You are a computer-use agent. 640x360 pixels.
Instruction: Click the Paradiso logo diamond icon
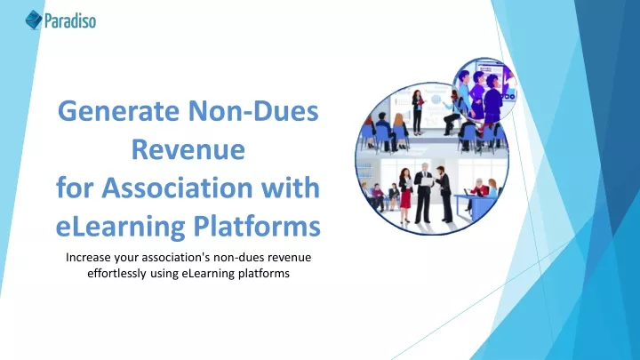click(x=34, y=20)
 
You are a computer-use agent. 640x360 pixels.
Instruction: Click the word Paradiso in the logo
click(x=70, y=20)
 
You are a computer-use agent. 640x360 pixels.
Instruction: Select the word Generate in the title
click(x=118, y=112)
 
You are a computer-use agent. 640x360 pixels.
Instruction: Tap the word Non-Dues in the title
click(x=253, y=110)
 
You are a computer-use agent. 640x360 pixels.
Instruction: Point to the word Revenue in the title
click(x=188, y=149)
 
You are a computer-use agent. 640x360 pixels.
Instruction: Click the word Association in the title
click(x=177, y=188)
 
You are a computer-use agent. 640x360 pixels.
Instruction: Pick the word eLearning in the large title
click(x=120, y=227)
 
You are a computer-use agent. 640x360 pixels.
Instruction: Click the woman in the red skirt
click(x=405, y=195)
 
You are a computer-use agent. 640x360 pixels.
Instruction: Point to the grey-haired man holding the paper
click(x=423, y=193)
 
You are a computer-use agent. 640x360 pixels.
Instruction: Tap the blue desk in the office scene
click(x=474, y=204)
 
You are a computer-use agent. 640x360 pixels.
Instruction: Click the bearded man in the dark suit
click(x=444, y=194)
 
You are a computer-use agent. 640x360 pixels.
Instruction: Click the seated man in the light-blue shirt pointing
click(x=452, y=113)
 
